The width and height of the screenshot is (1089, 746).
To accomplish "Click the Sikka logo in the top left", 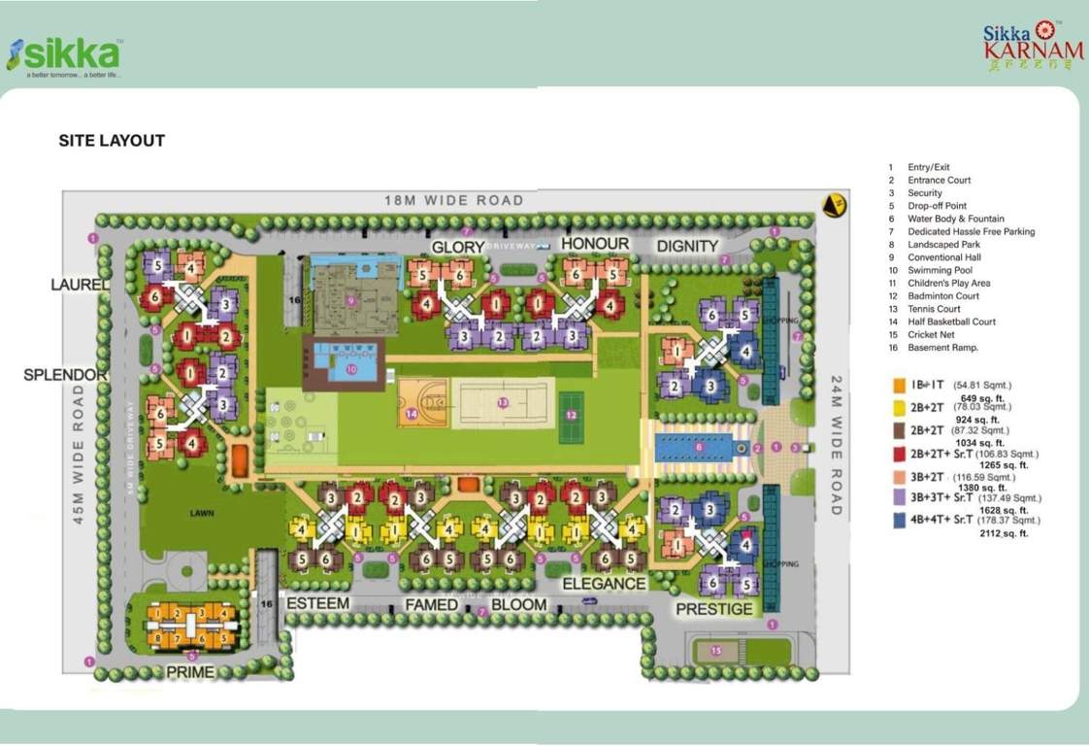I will [x=64, y=56].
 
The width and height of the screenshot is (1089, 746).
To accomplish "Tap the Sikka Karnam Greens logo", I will [x=1033, y=47].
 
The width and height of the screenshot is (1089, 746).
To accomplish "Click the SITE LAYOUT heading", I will [x=112, y=141].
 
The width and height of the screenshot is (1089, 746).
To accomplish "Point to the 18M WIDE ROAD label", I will [x=453, y=201].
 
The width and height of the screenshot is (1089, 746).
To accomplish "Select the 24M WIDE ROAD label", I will [x=837, y=445].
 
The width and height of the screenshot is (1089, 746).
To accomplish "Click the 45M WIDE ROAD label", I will [x=79, y=455].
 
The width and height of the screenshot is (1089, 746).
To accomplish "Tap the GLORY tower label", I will [x=457, y=247].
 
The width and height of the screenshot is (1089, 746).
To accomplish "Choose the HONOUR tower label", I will [x=595, y=244].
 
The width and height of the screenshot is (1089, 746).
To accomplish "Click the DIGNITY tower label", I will [x=687, y=246].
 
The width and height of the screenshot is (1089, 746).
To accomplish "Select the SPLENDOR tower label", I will [x=65, y=375].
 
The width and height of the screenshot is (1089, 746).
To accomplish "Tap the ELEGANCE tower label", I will [x=604, y=584].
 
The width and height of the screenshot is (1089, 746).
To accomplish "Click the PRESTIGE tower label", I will [x=714, y=609].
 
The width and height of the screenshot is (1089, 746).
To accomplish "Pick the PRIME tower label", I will [x=190, y=672].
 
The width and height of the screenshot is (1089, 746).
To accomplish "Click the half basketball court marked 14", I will [x=422, y=403].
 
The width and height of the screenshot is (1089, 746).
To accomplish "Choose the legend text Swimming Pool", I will [x=940, y=270].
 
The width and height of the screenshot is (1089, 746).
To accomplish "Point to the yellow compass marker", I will [x=832, y=205].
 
